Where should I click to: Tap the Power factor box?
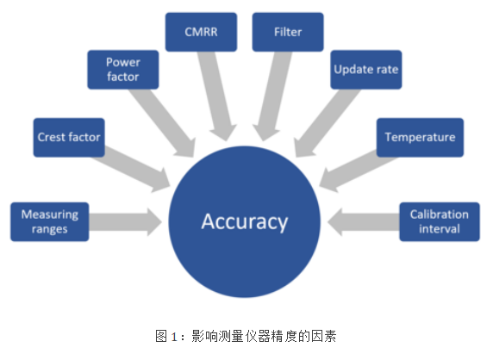click(123, 70)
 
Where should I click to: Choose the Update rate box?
click(365, 70)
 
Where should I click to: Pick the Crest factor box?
click(69, 137)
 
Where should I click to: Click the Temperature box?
click(420, 137)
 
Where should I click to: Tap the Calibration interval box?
click(440, 221)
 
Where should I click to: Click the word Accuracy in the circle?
click(244, 221)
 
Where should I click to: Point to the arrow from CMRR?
click(217, 95)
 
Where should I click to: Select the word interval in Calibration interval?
click(440, 229)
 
